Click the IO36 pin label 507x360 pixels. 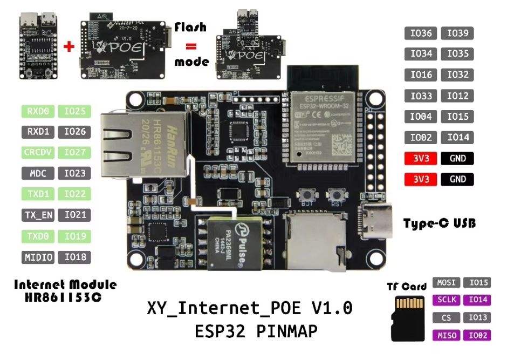point(421,33)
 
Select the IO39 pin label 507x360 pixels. point(457,33)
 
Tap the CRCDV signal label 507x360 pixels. point(38,153)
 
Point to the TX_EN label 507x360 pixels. point(38,215)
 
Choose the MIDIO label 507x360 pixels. point(38,257)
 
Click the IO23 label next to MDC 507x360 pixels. point(74,174)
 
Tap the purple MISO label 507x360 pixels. point(446,336)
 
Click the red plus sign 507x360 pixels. point(68,46)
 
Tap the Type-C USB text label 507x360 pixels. point(440,223)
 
